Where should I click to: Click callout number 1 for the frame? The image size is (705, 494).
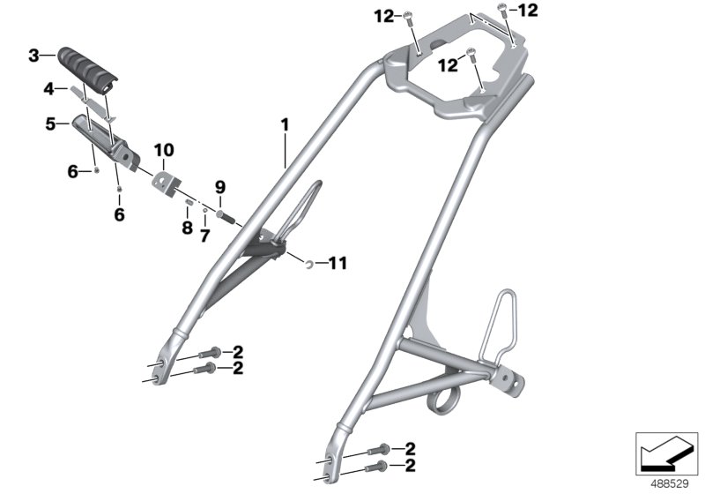point(285,127)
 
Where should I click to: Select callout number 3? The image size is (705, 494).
point(33,56)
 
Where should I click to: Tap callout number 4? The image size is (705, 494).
point(50,88)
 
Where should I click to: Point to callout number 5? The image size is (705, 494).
point(51,124)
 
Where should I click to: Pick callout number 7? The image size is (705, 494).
point(204,235)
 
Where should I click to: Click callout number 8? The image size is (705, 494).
point(186,228)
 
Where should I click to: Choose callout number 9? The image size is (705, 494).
point(220,186)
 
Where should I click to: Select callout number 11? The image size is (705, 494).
point(338,262)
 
